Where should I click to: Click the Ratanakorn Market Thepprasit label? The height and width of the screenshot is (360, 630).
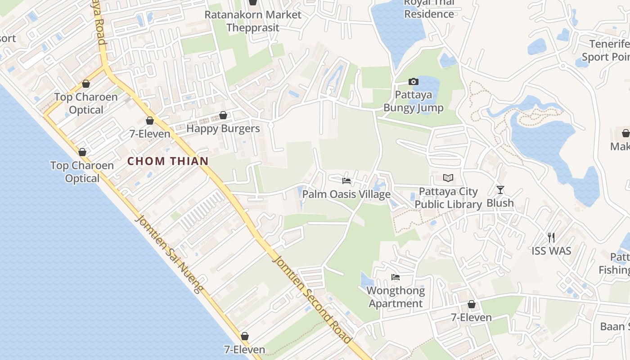[x=253, y=21]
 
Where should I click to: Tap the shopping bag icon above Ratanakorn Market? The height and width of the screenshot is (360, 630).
[x=253, y=2]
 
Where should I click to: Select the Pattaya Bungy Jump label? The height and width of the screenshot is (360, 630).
[x=413, y=101]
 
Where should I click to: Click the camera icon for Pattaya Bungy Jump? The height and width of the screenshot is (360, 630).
[x=413, y=82]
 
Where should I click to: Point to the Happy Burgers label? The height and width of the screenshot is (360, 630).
[x=223, y=129]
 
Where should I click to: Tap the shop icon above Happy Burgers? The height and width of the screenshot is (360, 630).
[x=223, y=116]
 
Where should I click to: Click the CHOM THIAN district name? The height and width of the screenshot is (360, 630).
[x=168, y=161]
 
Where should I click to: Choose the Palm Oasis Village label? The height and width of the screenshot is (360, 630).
[x=346, y=194]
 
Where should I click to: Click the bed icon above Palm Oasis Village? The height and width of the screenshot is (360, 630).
[x=346, y=181]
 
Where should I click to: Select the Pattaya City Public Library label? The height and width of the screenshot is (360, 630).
[x=448, y=198]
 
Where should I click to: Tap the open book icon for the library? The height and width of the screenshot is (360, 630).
[x=448, y=178]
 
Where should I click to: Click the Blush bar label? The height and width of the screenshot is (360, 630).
[x=500, y=203]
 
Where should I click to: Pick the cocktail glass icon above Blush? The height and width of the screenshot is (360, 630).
[x=500, y=189]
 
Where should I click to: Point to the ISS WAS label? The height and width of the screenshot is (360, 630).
[x=551, y=251]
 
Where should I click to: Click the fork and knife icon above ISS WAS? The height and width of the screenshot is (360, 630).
[x=551, y=237]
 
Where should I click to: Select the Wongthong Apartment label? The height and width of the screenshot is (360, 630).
[x=396, y=297]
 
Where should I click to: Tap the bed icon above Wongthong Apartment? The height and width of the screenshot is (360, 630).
[x=396, y=277]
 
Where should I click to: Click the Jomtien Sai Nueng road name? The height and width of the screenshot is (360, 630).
[x=168, y=255]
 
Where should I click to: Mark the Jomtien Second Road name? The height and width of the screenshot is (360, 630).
[x=311, y=299]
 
